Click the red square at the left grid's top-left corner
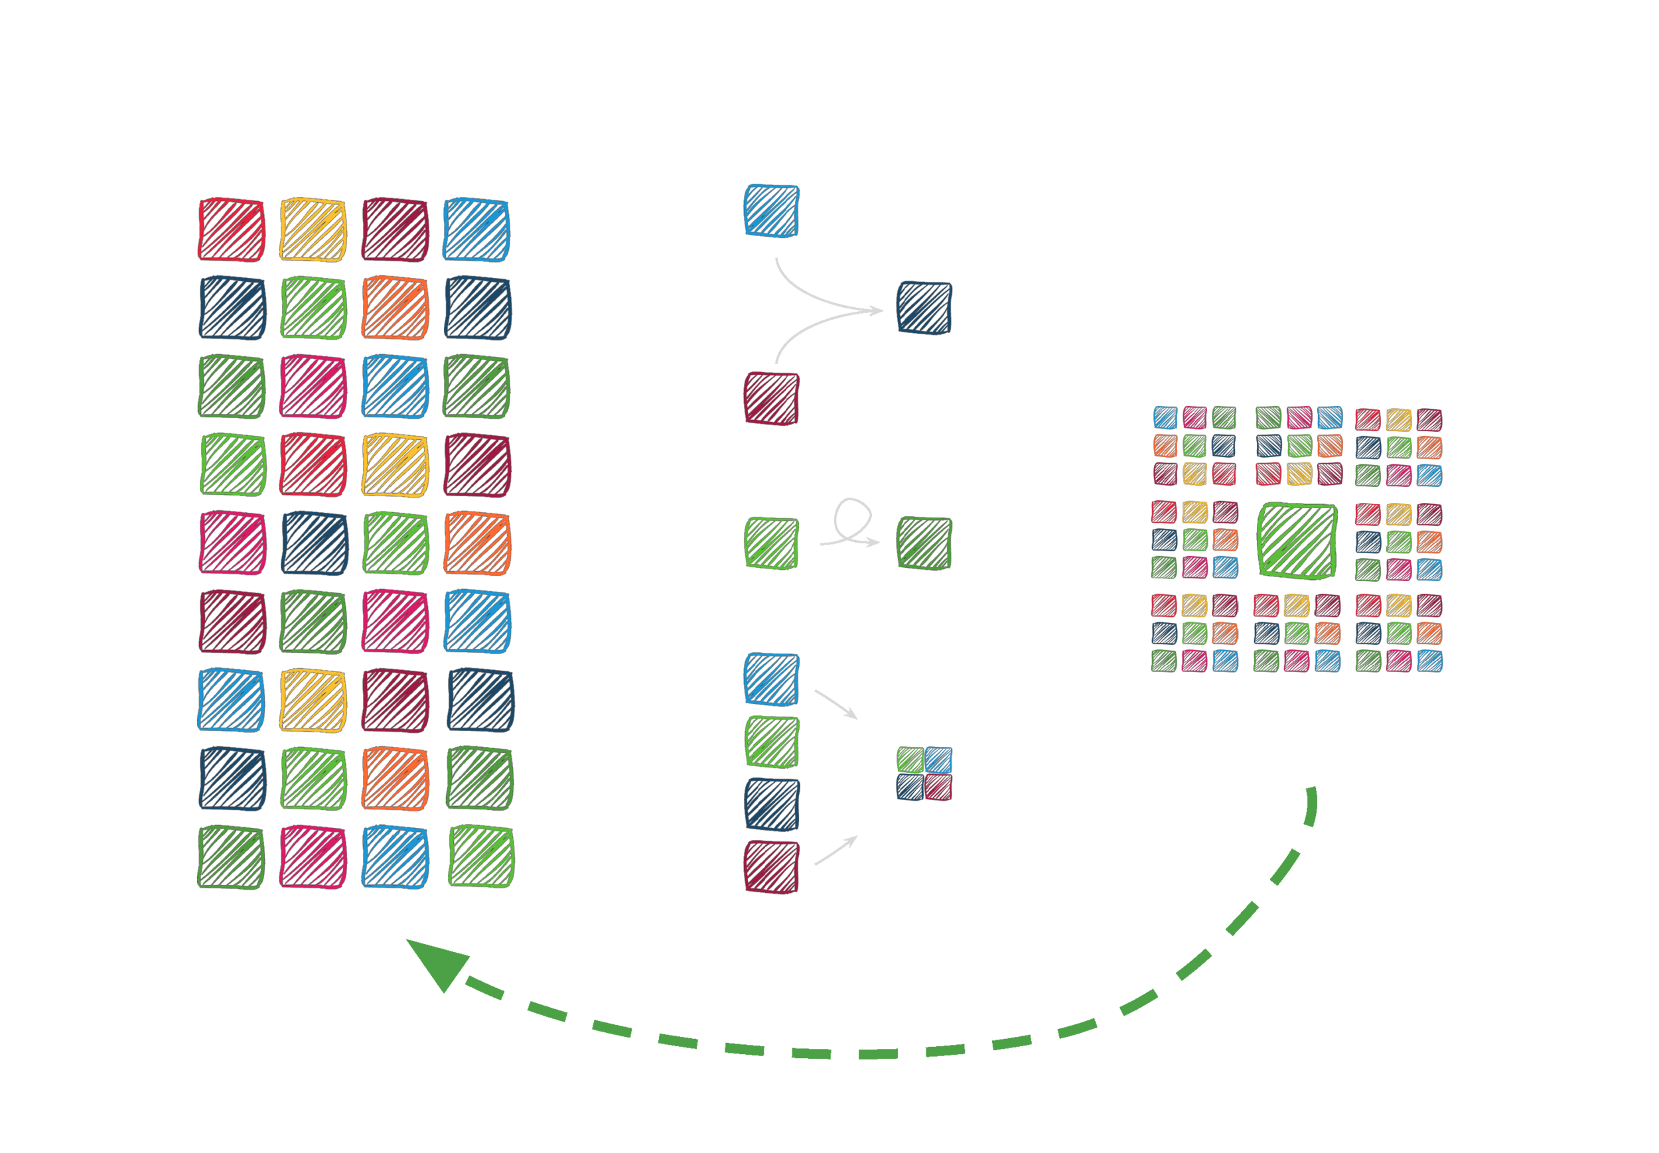coord(231,229)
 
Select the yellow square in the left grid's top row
coord(313,229)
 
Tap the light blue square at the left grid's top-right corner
coord(476,229)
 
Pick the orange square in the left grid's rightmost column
coord(477,543)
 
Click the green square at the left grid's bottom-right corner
coord(481,857)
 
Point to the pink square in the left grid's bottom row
coord(313,857)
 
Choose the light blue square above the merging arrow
coord(771,210)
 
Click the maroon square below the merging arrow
coord(771,398)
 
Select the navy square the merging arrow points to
coord(924,309)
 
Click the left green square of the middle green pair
coord(771,543)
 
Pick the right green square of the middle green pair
coord(924,543)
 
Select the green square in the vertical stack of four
coord(771,741)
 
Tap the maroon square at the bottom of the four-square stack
coord(771,866)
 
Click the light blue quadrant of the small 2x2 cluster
coord(938,760)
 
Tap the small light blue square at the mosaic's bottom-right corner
coord(1429,661)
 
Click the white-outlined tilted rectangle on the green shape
coord(1243,925)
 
